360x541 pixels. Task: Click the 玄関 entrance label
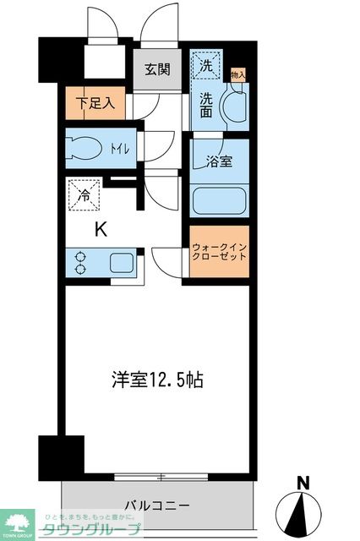[157, 69]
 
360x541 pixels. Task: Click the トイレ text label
[119, 150]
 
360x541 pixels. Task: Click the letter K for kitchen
[100, 228]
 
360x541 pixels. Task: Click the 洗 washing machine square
[206, 62]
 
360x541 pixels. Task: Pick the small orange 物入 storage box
[237, 75]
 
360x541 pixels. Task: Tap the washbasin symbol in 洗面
[229, 109]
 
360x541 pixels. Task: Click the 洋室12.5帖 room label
[155, 380]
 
